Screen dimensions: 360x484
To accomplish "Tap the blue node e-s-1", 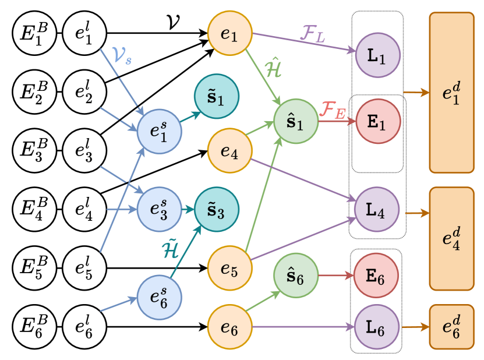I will [x=159, y=132].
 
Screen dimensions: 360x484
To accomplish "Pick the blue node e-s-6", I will [x=159, y=298].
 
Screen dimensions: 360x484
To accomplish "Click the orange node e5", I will [x=230, y=269].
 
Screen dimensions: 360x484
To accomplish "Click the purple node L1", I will [x=377, y=56].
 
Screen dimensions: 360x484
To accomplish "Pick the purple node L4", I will [x=377, y=210].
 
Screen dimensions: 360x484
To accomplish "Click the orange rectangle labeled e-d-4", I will [x=452, y=238].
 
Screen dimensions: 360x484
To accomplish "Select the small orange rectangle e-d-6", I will [x=452, y=327].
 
